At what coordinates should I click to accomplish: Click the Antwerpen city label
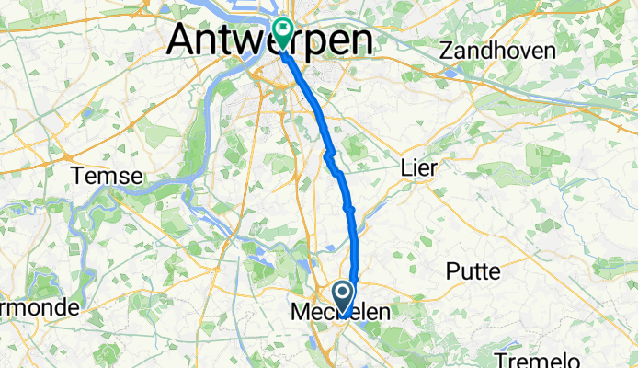(271, 41)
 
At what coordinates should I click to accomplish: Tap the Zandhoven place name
(498, 52)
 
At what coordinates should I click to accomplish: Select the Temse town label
(108, 176)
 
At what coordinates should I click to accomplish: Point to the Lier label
(419, 167)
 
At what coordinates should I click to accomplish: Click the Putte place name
(473, 270)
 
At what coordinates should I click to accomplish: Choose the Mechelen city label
(338, 313)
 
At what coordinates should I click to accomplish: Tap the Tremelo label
(532, 358)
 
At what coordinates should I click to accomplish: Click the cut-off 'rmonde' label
(38, 307)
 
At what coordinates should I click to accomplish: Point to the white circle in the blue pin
(343, 293)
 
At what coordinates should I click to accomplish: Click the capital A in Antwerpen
(185, 41)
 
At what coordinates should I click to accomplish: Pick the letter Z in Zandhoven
(449, 52)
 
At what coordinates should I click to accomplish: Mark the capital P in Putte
(452, 270)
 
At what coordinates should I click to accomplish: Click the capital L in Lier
(406, 167)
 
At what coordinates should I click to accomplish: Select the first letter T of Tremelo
(501, 358)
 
